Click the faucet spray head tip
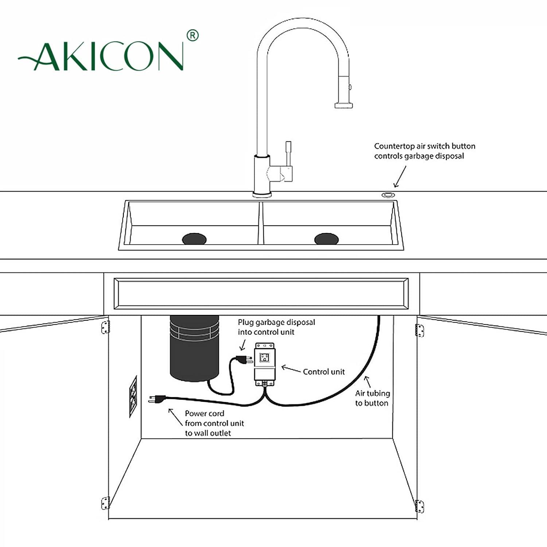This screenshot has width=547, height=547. [x=344, y=105]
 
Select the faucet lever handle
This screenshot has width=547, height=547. [x=288, y=153]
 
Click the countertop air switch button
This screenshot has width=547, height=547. [x=388, y=195]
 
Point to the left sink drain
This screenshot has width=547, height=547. [x=194, y=239]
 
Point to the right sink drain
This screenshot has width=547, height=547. [x=326, y=239]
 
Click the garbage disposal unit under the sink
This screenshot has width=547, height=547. [x=194, y=348]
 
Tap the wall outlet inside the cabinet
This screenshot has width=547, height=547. [x=133, y=396]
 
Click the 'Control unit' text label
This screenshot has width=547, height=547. [x=323, y=372]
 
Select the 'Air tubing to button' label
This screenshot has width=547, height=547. [x=372, y=398]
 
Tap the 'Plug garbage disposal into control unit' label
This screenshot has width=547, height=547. [x=276, y=327]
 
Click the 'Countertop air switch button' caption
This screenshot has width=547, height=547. [x=424, y=151]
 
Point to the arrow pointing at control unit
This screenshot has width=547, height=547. [x=291, y=369]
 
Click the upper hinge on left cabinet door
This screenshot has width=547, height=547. [x=105, y=327]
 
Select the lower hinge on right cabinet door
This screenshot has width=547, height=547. [x=420, y=506]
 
